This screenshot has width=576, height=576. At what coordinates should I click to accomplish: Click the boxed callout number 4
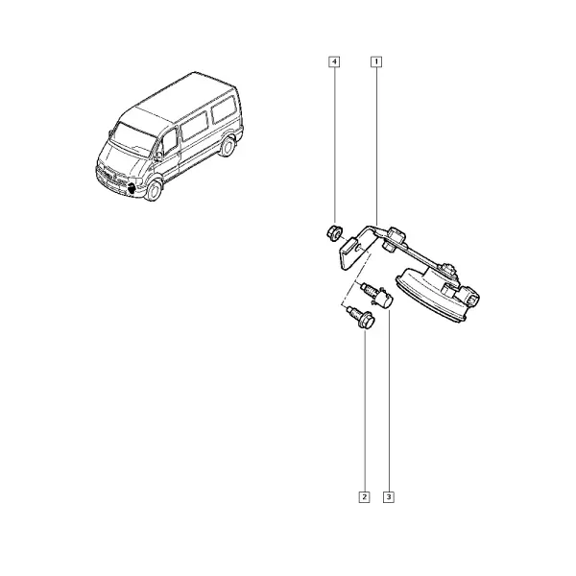334,61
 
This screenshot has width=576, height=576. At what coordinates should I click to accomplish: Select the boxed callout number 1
376,61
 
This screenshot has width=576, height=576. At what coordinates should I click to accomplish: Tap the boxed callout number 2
364,497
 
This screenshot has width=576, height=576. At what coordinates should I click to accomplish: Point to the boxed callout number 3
388,497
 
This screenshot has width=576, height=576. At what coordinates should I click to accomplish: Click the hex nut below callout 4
334,233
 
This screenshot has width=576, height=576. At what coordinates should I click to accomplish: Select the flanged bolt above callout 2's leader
362,318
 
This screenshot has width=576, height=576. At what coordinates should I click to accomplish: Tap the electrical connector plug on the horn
471,296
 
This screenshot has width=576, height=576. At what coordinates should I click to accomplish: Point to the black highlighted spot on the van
131,189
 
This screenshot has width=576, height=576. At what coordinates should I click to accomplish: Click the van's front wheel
154,189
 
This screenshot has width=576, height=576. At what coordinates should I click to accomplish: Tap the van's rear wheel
228,146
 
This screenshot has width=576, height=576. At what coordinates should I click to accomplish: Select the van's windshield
133,139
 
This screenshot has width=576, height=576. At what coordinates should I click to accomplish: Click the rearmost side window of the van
224,109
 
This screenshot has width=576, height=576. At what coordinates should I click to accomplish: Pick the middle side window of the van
194,126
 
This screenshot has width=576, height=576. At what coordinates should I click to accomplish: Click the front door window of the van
170,142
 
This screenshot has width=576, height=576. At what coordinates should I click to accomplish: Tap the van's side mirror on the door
158,156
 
